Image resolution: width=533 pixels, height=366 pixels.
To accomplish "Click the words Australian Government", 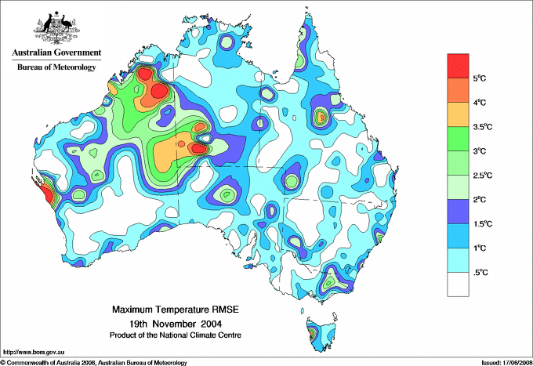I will pyautogui.click(x=56, y=53).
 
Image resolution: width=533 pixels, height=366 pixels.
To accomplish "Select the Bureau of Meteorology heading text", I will pyautogui.click(x=56, y=67).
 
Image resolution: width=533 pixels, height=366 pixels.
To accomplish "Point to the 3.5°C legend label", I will pyautogui.click(x=481, y=127).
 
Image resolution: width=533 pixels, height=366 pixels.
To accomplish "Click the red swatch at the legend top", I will pyautogui.click(x=458, y=66).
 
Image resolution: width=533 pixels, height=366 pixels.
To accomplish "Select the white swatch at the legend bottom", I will pyautogui.click(x=458, y=284).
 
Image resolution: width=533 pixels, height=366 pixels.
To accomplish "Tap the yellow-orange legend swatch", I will pyautogui.click(x=458, y=114).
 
